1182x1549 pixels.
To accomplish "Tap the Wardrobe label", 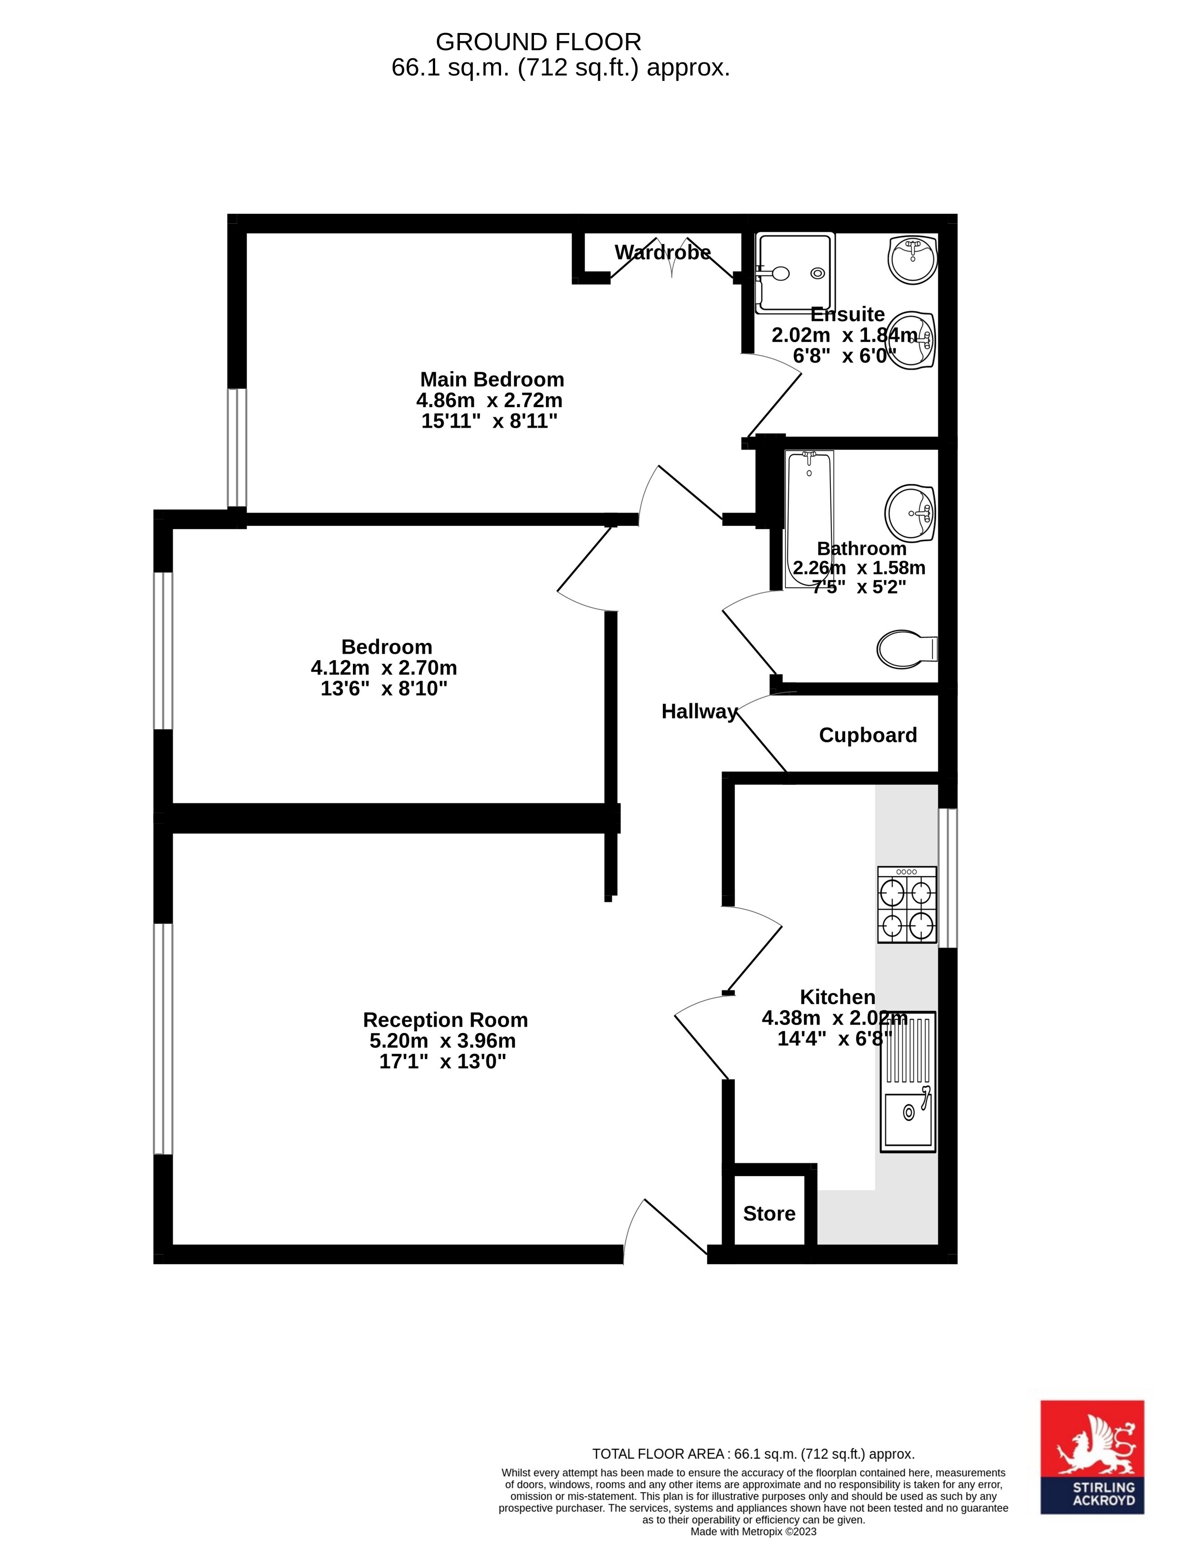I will tap(663, 253).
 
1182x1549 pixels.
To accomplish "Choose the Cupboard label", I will tap(868, 735).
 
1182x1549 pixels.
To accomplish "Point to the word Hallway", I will tap(699, 711).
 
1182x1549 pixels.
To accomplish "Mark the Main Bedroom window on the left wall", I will tap(237, 447).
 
